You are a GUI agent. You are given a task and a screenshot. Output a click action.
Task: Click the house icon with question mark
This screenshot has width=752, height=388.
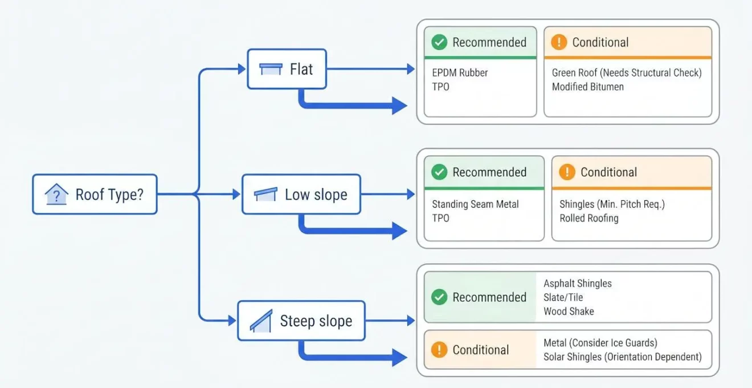(x=56, y=194)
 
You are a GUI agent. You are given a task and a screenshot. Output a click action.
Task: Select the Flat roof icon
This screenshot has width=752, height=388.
(x=271, y=69)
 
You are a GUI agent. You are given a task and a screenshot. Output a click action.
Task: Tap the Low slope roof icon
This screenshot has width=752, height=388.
(x=265, y=194)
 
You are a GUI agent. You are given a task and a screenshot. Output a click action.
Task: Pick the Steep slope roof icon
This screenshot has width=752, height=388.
(x=261, y=321)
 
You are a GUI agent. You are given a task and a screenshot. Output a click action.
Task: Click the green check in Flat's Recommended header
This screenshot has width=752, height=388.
(x=439, y=42)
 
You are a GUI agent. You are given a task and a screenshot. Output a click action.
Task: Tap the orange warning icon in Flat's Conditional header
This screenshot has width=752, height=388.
(x=559, y=42)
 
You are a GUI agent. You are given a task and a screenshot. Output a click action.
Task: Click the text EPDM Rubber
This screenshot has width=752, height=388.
(x=460, y=72)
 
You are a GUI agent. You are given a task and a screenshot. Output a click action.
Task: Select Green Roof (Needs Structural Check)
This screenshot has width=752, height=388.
(x=627, y=72)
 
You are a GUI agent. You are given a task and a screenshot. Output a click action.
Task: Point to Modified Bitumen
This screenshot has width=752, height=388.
(x=588, y=87)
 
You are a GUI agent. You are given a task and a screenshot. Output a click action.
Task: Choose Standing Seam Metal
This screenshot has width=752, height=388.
(x=475, y=204)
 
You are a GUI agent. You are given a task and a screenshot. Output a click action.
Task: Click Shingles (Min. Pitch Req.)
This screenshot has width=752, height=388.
(x=612, y=204)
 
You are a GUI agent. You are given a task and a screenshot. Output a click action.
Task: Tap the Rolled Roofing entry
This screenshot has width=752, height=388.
(x=589, y=218)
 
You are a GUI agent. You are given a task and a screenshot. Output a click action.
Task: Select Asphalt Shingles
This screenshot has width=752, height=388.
(x=578, y=284)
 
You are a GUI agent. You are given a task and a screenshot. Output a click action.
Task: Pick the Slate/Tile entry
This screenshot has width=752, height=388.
(x=563, y=297)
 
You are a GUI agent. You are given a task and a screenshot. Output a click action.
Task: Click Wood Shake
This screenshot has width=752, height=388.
(x=569, y=312)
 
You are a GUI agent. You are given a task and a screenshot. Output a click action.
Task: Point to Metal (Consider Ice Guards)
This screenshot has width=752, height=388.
(x=600, y=342)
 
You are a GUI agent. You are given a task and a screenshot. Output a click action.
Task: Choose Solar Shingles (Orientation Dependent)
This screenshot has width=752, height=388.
(x=623, y=357)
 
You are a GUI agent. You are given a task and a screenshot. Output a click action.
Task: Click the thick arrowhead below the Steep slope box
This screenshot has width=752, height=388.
(x=399, y=357)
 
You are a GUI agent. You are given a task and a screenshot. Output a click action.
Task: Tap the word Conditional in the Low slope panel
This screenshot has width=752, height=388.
(x=608, y=172)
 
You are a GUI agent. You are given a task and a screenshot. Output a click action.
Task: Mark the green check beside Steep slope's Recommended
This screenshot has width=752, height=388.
(x=439, y=297)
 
